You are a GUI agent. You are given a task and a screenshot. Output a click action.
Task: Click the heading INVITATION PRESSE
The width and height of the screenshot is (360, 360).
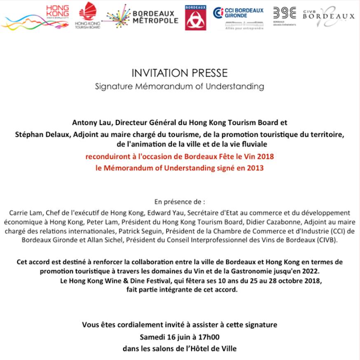[180, 74]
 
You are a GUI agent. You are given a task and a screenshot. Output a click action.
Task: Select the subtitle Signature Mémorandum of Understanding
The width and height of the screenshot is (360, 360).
[179, 87]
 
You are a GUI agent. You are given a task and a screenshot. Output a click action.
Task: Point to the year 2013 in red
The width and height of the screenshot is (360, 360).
[255, 168]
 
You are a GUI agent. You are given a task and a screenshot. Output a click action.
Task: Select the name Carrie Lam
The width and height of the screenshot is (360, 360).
[22, 213]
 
